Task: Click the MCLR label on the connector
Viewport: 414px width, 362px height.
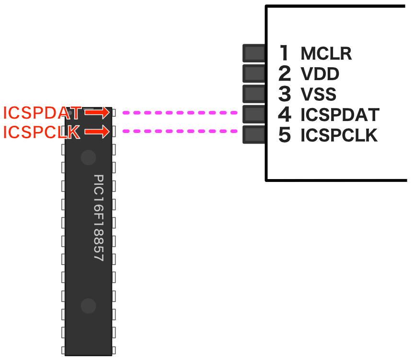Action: click(326, 53)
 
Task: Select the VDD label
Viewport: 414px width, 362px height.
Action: click(320, 74)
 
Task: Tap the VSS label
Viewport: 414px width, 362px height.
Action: click(318, 94)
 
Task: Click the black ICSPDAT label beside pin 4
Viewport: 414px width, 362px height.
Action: click(340, 115)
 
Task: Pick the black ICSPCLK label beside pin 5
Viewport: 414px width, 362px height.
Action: click(339, 136)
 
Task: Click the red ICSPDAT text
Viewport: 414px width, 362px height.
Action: click(42, 113)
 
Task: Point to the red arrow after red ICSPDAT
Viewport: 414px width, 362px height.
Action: click(97, 112)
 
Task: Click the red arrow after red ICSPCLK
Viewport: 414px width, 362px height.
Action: click(97, 132)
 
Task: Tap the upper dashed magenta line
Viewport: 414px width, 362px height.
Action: click(180, 113)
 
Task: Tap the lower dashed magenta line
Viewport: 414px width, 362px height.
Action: click(180, 131)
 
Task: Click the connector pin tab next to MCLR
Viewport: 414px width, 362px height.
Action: click(254, 53)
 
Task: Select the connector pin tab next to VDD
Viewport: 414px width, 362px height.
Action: click(254, 73)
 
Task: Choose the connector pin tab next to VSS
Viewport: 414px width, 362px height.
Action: click(254, 94)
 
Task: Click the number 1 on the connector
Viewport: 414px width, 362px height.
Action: click(285, 53)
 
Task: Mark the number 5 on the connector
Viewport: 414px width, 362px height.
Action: click(285, 135)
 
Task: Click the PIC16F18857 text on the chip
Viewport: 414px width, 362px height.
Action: click(99, 217)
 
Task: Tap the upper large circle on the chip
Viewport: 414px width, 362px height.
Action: click(88, 157)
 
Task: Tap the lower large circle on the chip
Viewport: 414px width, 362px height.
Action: click(88, 305)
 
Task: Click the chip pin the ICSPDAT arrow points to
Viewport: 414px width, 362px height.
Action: click(114, 113)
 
